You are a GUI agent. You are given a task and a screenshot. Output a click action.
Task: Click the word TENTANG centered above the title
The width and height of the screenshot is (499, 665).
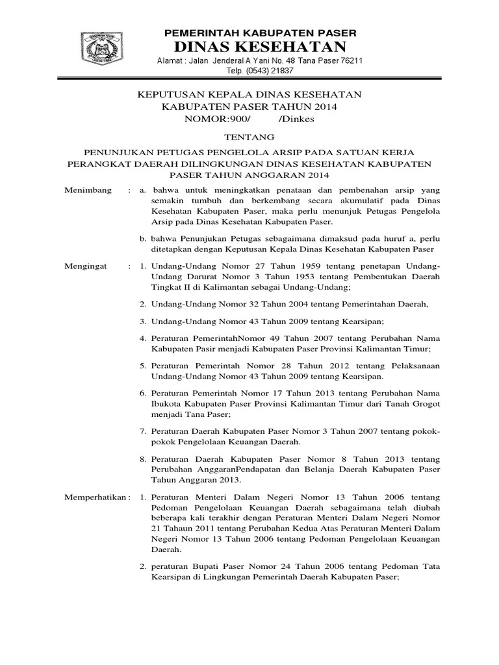(249, 137)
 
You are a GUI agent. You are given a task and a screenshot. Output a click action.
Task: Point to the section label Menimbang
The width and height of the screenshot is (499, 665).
(88, 190)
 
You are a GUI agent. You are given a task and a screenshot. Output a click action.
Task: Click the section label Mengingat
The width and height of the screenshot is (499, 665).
(87, 266)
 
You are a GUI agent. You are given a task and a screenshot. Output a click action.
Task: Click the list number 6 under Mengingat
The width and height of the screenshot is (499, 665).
(144, 393)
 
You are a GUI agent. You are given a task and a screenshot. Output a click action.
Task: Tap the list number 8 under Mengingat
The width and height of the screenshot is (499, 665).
(144, 457)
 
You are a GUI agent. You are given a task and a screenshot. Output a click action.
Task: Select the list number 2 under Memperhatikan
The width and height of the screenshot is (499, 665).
(144, 567)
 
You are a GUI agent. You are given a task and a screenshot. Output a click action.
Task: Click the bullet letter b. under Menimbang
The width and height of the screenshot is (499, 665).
(144, 238)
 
